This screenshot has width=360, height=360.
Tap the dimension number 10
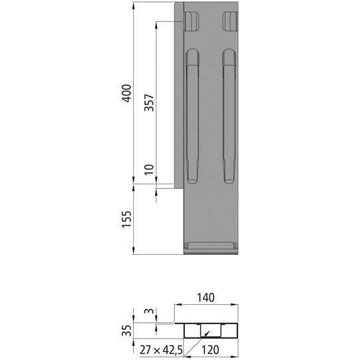click(149, 170)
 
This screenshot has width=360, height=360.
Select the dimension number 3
click(150, 311)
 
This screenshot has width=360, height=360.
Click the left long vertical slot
click(192, 116)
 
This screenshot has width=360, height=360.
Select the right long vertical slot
click(230, 116)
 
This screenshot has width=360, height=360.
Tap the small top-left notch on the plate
click(192, 21)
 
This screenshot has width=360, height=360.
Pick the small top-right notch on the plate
click(230, 21)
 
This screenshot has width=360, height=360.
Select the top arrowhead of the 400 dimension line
click(134, 6)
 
